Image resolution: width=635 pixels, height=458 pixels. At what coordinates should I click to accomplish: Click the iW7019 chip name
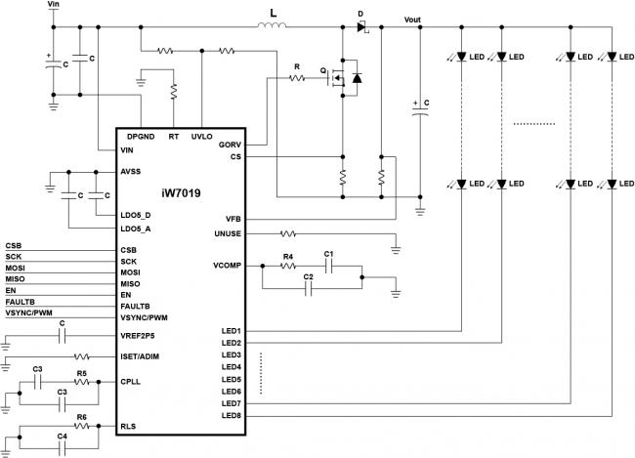click(x=181, y=193)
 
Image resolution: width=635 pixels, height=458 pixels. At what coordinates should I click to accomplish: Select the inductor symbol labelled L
click(x=272, y=25)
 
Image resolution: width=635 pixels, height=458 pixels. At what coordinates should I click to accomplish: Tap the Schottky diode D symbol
click(x=362, y=27)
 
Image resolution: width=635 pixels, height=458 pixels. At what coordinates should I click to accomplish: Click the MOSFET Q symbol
click(x=336, y=78)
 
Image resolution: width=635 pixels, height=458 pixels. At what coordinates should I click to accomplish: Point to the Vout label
click(x=412, y=20)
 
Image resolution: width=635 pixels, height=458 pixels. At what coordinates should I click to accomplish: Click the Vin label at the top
click(x=53, y=4)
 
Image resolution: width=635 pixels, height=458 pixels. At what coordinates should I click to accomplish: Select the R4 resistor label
click(x=288, y=257)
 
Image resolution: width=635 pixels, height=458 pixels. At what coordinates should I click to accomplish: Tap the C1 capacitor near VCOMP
click(x=328, y=266)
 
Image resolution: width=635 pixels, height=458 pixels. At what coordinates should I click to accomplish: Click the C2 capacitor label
click(x=308, y=277)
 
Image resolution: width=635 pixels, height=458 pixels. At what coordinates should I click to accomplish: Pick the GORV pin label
click(x=230, y=145)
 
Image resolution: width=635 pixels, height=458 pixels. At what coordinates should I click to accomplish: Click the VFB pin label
click(x=233, y=219)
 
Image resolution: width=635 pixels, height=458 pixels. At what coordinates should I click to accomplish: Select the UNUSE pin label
click(x=228, y=233)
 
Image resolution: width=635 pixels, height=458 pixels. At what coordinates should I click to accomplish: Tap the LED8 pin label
click(x=232, y=415)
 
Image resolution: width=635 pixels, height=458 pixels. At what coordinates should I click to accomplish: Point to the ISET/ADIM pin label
click(x=140, y=356)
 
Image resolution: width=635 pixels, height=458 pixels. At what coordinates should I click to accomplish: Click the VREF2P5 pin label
click(x=138, y=336)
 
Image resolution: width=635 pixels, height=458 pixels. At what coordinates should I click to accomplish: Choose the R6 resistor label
click(x=81, y=417)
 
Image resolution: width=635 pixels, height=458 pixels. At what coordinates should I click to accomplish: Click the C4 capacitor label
click(x=62, y=437)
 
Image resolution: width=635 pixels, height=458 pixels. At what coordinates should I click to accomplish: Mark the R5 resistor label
click(x=81, y=373)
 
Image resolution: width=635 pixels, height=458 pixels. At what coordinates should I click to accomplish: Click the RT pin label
click(x=174, y=137)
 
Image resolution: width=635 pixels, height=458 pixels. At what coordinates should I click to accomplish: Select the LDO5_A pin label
click(x=136, y=229)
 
